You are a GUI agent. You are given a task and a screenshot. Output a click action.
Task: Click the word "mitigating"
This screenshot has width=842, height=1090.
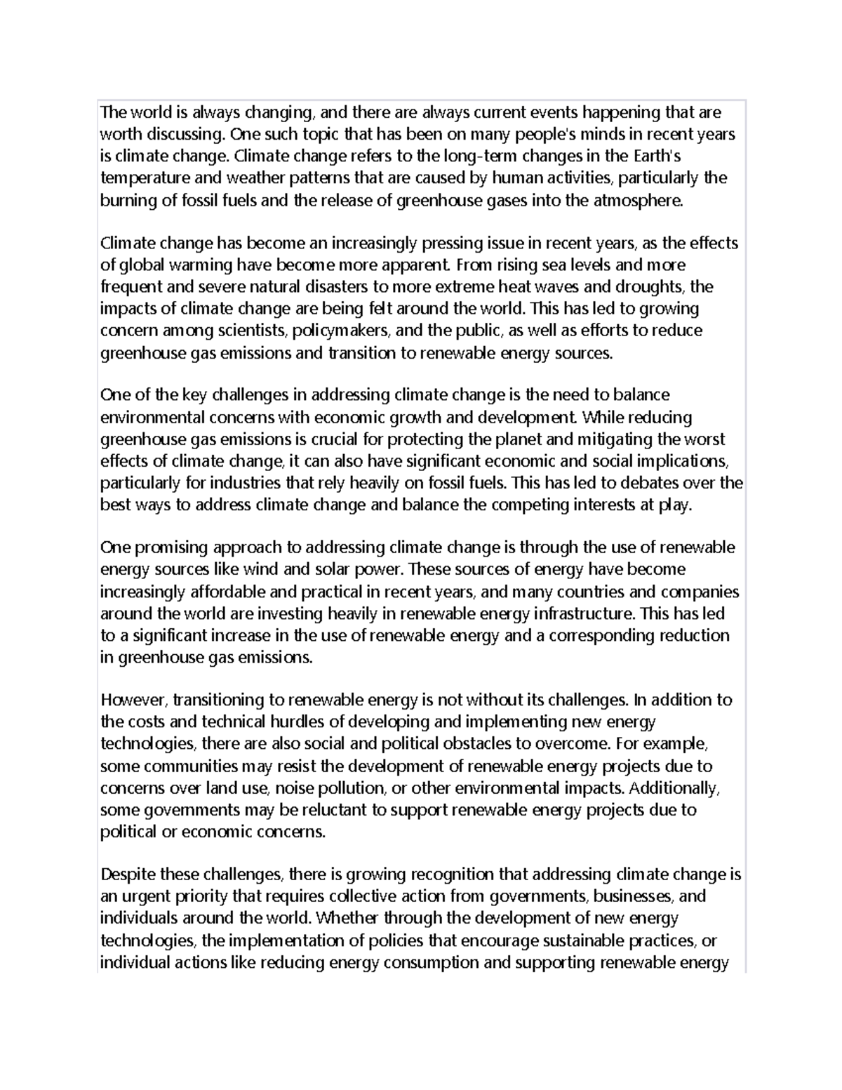pyautogui.click(x=619, y=440)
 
